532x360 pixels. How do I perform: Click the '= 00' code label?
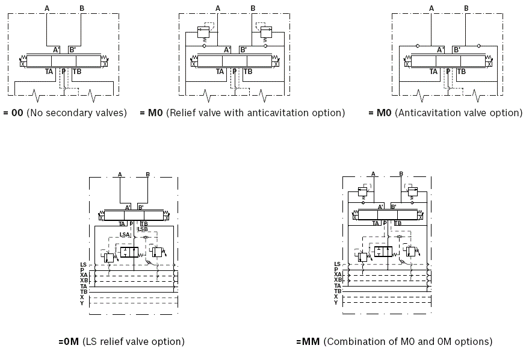pyautogui.click(x=13, y=113)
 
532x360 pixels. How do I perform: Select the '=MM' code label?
pyautogui.click(x=308, y=341)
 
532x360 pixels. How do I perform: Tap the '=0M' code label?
pyautogui.click(x=69, y=341)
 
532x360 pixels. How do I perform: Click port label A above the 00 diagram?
pyautogui.click(x=47, y=7)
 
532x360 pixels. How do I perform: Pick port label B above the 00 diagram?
pyautogui.click(x=82, y=7)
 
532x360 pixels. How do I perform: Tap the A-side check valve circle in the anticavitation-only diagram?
pyautogui.click(x=417, y=45)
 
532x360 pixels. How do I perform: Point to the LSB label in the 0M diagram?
pyautogui.click(x=143, y=229)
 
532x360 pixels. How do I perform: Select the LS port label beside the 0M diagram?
pyautogui.click(x=83, y=264)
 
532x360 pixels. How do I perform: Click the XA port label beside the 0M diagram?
pyautogui.click(x=84, y=275)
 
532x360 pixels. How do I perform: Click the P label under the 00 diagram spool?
pyautogui.click(x=63, y=71)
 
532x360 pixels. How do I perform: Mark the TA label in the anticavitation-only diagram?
pyautogui.click(x=433, y=71)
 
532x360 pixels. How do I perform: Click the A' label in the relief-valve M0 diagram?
pyautogui.click(x=227, y=50)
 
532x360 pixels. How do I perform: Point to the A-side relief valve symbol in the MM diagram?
pyautogui.click(x=362, y=192)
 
